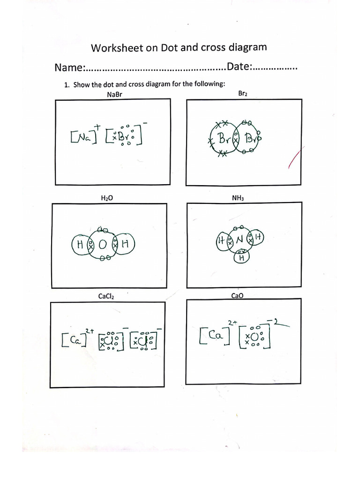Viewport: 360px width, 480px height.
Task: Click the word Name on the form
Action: click(x=68, y=67)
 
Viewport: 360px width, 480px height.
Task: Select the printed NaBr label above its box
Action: click(x=114, y=95)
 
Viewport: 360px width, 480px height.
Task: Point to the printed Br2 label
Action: click(x=242, y=94)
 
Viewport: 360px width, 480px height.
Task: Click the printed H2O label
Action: click(x=107, y=198)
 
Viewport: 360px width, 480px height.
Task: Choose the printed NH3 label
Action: click(x=238, y=198)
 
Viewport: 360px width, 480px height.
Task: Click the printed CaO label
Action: click(x=237, y=296)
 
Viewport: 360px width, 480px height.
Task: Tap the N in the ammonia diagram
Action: click(x=240, y=240)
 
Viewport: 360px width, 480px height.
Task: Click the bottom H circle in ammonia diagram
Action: click(x=242, y=257)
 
